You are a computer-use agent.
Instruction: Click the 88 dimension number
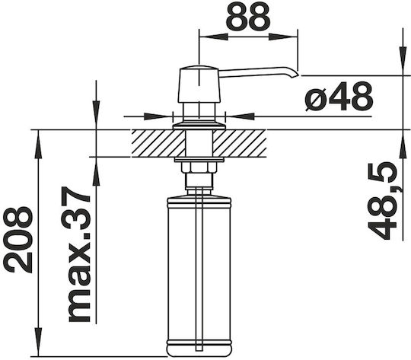click(247, 15)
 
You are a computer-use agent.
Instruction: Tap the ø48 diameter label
click(339, 96)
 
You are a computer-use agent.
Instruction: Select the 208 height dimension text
click(18, 240)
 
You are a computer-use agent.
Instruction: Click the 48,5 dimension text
click(382, 200)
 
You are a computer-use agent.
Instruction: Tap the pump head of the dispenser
click(199, 84)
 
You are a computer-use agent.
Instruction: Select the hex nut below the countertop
click(199, 167)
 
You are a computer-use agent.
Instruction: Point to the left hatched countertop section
click(158, 143)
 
